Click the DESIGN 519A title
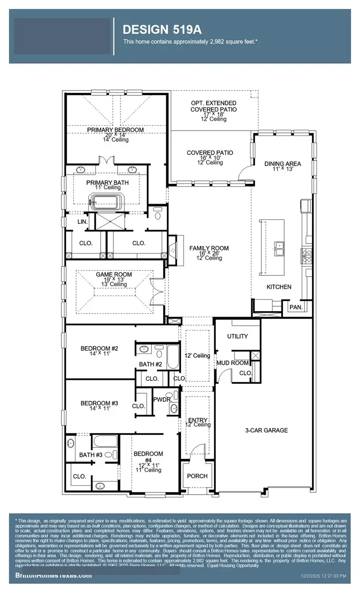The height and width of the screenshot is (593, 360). tap(162, 30)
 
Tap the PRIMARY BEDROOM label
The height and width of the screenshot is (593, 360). tap(115, 130)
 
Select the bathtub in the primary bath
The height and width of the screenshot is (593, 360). tap(105, 203)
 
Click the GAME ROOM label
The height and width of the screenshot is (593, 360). tap(108, 274)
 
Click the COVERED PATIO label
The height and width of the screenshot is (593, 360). tap(210, 153)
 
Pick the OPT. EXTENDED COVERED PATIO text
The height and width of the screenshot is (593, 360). tap(214, 106)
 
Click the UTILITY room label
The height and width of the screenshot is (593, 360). tap(237, 336)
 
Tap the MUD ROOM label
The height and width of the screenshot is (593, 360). tap(232, 363)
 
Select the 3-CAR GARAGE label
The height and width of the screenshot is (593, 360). tap(266, 430)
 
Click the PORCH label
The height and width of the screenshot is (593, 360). tap(197, 476)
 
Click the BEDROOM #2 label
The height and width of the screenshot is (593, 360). tap(99, 349)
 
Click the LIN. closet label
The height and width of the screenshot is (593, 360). tap(82, 222)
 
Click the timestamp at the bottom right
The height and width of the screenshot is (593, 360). tap(323, 576)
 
